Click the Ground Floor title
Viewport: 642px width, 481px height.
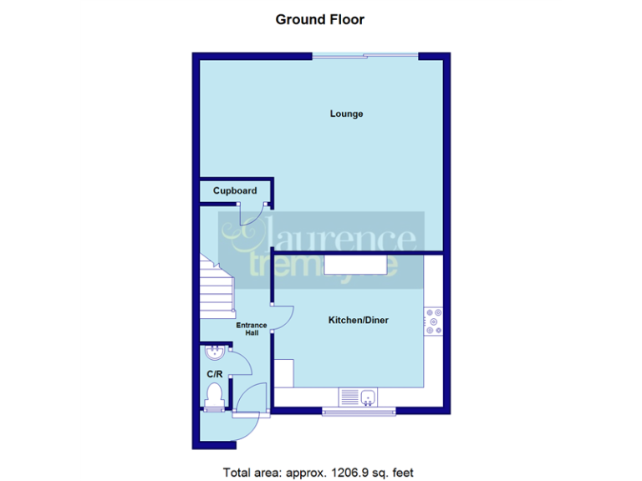(x=320, y=19)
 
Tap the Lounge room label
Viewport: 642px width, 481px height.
(x=346, y=114)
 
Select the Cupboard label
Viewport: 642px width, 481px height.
(x=235, y=190)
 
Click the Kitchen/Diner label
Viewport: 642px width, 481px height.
(x=359, y=320)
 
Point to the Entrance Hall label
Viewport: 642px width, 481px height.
(x=252, y=328)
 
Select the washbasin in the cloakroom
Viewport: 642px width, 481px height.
(x=214, y=352)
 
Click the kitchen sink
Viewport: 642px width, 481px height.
(x=367, y=397)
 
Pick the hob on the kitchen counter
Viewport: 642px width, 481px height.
(x=434, y=322)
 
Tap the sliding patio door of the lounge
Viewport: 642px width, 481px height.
(x=364, y=57)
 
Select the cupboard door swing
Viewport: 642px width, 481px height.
(x=252, y=213)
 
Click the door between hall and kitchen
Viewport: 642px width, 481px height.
(x=282, y=316)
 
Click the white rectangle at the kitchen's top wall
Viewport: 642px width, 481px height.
(x=355, y=265)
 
